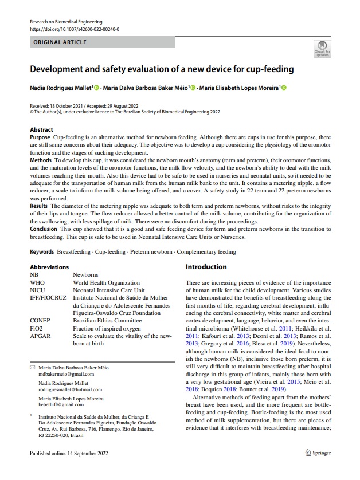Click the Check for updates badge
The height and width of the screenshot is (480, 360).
pyautogui.click(x=321, y=49)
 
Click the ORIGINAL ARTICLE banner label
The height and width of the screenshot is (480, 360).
pyautogui.click(x=60, y=42)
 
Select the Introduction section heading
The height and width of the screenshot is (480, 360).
pyautogui.click(x=206, y=267)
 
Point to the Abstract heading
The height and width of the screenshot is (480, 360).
pyautogui.click(x=41, y=130)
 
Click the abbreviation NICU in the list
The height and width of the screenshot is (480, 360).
pyautogui.click(x=37, y=290)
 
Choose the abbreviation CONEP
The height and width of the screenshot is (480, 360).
pyautogui.click(x=40, y=321)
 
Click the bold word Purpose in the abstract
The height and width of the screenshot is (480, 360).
pyautogui.click(x=40, y=139)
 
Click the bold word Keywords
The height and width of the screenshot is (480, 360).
pyautogui.click(x=42, y=251)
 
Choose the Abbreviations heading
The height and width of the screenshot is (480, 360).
pyautogui.click(x=49, y=267)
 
